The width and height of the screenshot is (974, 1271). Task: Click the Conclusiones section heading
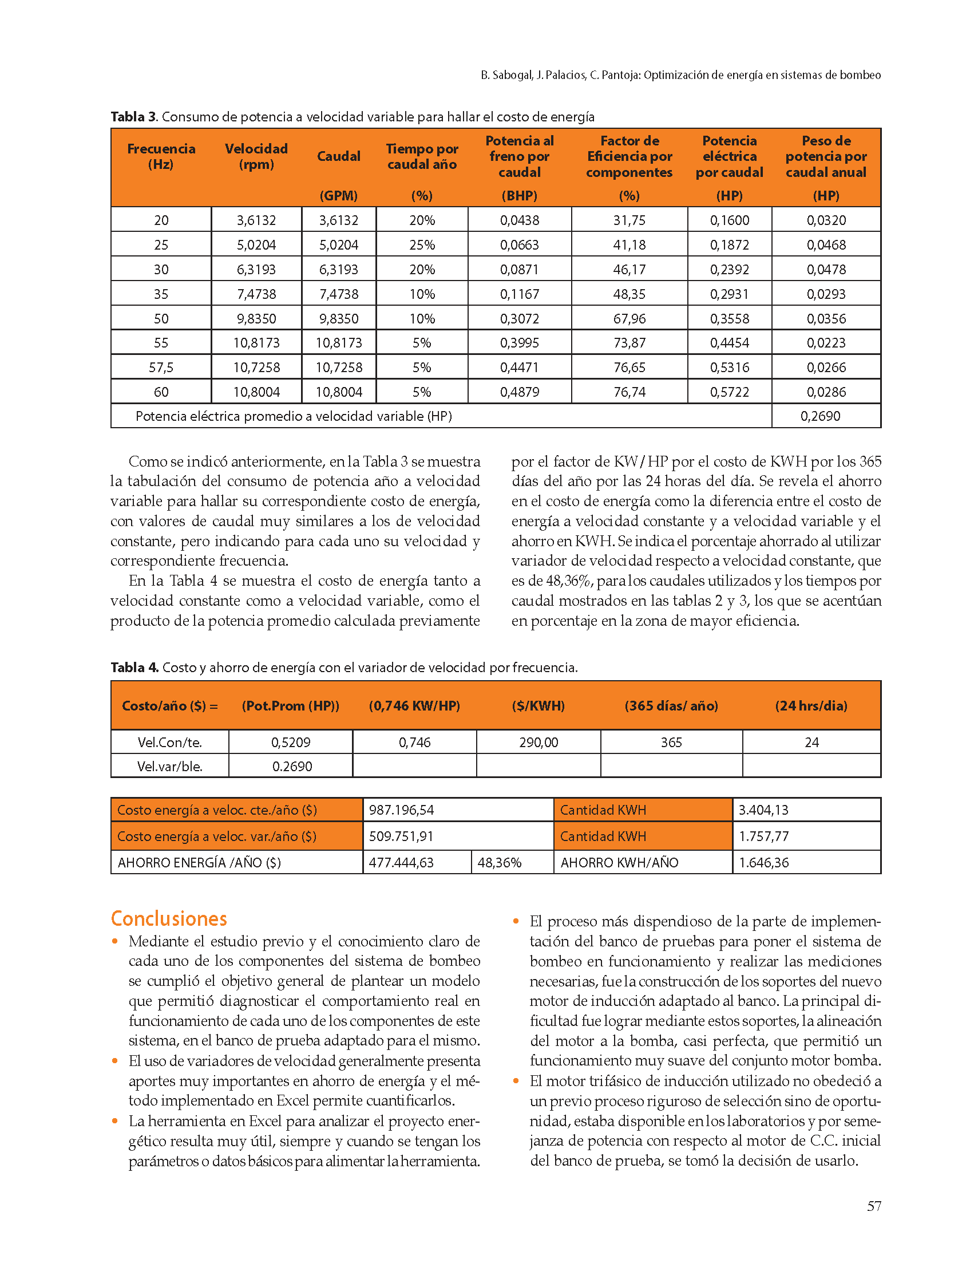click(169, 919)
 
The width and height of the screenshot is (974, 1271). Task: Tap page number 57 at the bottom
click(874, 1206)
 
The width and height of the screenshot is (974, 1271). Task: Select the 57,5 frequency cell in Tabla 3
click(161, 367)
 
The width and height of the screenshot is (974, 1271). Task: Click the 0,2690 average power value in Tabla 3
click(820, 416)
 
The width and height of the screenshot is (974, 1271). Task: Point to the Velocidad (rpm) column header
click(256, 157)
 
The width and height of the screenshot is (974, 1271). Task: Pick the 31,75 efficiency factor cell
click(629, 220)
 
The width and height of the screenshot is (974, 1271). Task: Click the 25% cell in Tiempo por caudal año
click(422, 245)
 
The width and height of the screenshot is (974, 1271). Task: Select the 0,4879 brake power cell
click(520, 392)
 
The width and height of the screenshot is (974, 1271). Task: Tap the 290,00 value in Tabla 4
click(538, 743)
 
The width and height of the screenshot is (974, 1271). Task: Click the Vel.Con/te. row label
click(169, 743)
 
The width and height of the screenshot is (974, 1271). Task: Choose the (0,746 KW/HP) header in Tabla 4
click(414, 706)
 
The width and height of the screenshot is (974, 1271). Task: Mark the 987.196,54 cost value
click(401, 810)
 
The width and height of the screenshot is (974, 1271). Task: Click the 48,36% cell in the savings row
click(499, 863)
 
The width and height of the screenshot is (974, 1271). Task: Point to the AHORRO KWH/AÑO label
click(619, 863)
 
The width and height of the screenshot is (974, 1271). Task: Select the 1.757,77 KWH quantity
click(763, 836)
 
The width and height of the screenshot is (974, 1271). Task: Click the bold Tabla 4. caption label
click(134, 668)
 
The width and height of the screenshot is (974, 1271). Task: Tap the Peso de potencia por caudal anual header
click(826, 157)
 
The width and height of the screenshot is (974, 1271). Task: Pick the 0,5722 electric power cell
click(729, 392)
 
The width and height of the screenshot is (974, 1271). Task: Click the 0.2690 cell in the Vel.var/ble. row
click(292, 766)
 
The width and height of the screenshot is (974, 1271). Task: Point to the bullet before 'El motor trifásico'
click(516, 1081)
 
